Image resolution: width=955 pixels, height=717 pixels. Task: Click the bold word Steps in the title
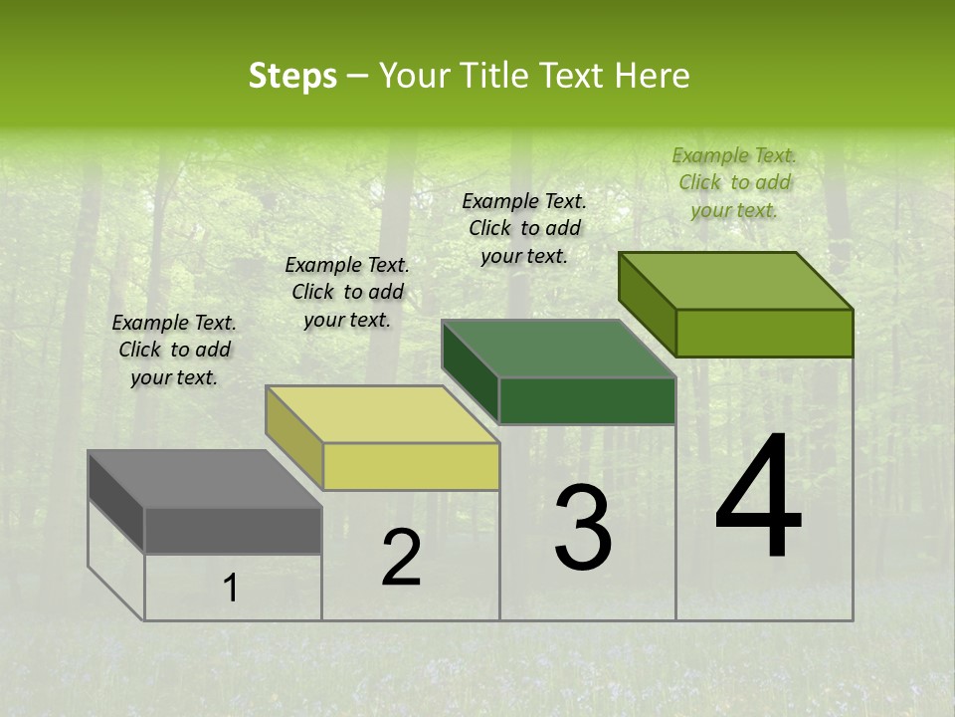pyautogui.click(x=292, y=77)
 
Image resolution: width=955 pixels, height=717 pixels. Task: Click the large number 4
pyautogui.click(x=758, y=498)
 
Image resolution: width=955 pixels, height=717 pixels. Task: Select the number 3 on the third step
pyautogui.click(x=582, y=528)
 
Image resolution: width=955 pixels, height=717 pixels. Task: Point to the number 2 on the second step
pyautogui.click(x=401, y=558)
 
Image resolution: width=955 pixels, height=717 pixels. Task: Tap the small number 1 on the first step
pyautogui.click(x=231, y=589)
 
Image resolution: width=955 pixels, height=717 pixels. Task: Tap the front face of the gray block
pyautogui.click(x=233, y=530)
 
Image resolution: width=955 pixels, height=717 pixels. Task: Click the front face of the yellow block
pyautogui.click(x=411, y=466)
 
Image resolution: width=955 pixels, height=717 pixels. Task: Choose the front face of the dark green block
pyautogui.click(x=587, y=400)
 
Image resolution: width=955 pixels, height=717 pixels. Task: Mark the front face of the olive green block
pyautogui.click(x=764, y=333)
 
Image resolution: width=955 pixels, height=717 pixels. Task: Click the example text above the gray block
pyautogui.click(x=174, y=350)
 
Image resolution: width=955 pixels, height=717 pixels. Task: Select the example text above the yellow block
pyautogui.click(x=347, y=292)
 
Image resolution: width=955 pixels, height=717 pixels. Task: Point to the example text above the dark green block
pyautogui.click(x=524, y=228)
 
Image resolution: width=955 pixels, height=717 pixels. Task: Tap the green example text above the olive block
pyautogui.click(x=734, y=182)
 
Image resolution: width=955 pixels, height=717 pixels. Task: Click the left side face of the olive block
pyautogui.click(x=647, y=304)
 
